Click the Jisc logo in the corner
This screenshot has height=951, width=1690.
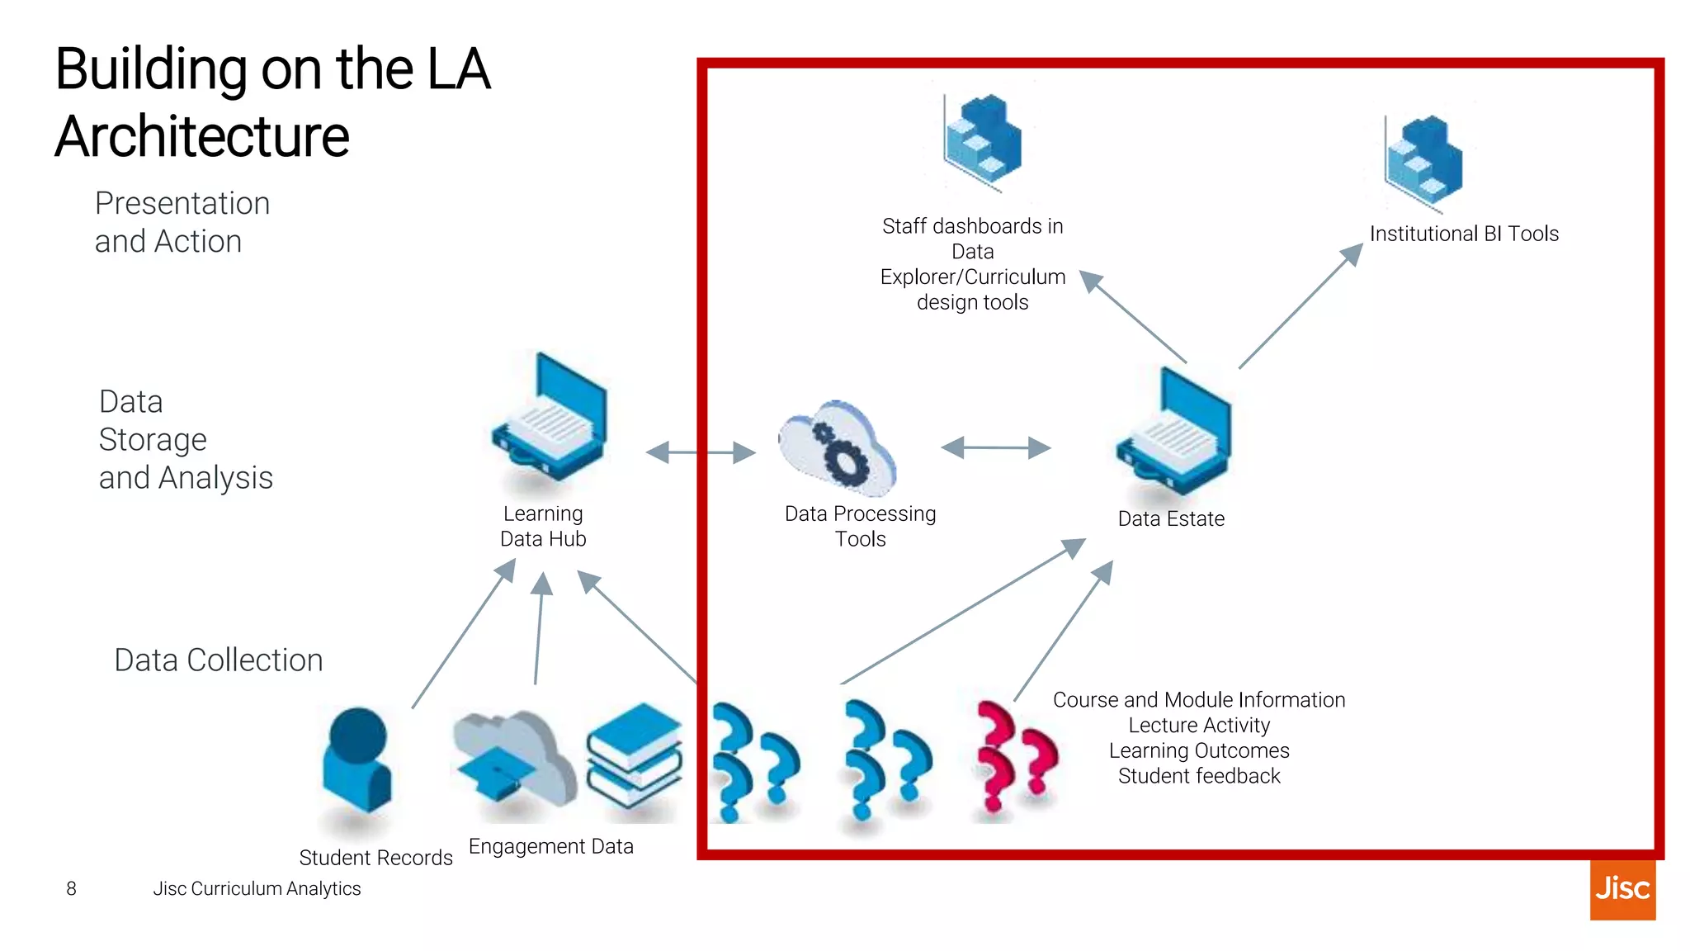(x=1622, y=889)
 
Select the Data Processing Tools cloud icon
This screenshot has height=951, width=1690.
(x=838, y=447)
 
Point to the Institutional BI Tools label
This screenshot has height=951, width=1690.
(x=1464, y=234)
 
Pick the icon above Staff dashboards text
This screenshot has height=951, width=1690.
(x=983, y=140)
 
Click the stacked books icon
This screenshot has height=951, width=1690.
(x=635, y=755)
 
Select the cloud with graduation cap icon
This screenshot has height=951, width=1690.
(x=513, y=758)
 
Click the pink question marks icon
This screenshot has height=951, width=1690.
(x=1015, y=756)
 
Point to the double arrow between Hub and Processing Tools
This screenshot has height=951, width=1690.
(x=701, y=452)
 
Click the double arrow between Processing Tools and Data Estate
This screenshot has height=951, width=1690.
(x=995, y=447)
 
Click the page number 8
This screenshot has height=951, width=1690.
(x=72, y=889)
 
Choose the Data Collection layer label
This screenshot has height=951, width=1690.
(x=219, y=660)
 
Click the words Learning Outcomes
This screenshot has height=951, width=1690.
(x=1199, y=750)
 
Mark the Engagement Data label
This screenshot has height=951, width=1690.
(x=551, y=846)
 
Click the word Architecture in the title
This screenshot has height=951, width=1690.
(x=203, y=136)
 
